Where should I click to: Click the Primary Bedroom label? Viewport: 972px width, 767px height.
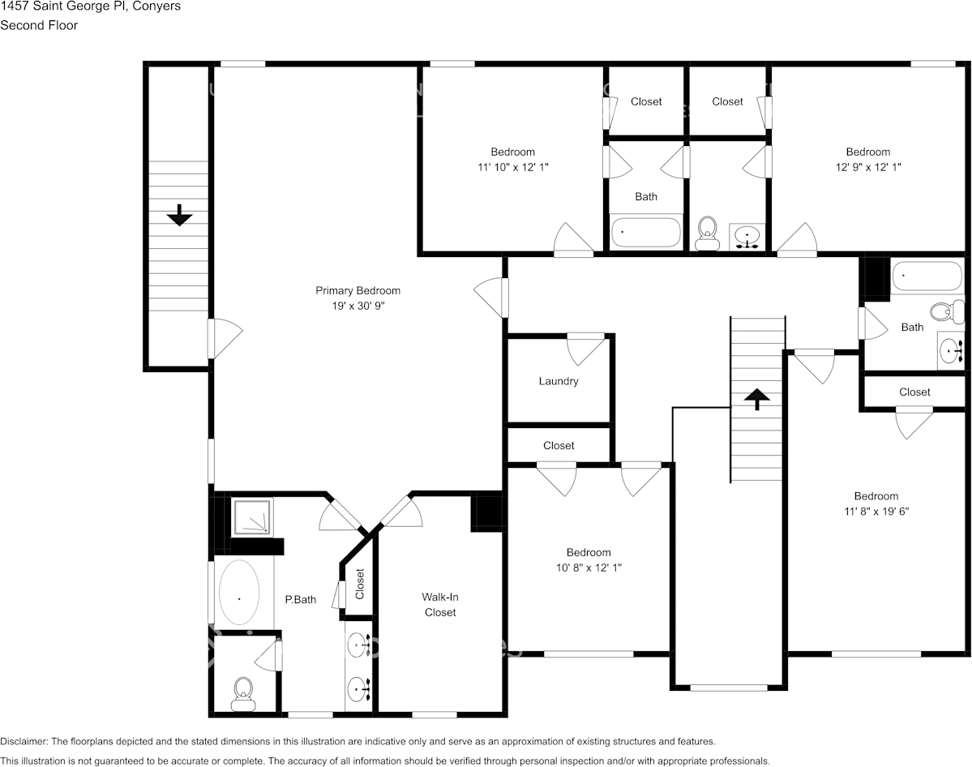[x=358, y=290]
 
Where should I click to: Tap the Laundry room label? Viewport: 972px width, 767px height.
[x=559, y=381]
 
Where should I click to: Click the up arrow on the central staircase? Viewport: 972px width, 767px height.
[x=757, y=398]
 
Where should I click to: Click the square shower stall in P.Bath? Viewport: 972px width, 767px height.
[x=253, y=517]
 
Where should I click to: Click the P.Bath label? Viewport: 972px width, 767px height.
[x=300, y=600]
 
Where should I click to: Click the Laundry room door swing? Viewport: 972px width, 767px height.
[x=585, y=349]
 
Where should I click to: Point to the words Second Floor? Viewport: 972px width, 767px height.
[x=39, y=25]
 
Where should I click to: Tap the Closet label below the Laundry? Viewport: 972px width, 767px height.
[x=559, y=445]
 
